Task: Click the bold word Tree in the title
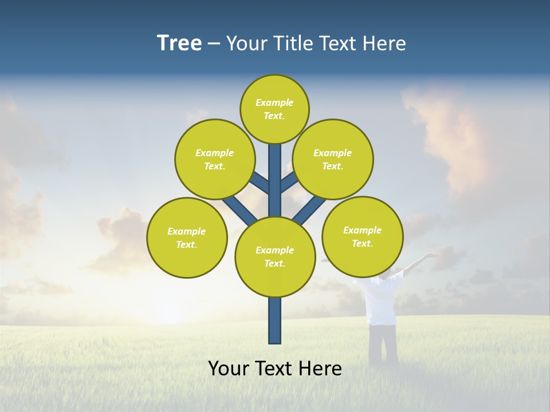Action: pyautogui.click(x=179, y=43)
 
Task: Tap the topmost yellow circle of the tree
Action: pyautogui.click(x=274, y=109)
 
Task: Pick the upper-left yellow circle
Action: pyautogui.click(x=214, y=159)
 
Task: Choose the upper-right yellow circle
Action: pyautogui.click(x=332, y=159)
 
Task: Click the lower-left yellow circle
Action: pyautogui.click(x=187, y=237)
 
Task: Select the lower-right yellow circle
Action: pyautogui.click(x=362, y=236)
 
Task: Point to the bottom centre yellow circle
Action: pyautogui.click(x=275, y=257)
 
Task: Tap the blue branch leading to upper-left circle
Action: pyautogui.click(x=260, y=183)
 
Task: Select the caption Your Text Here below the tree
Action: pyautogui.click(x=275, y=368)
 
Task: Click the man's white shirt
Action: pyautogui.click(x=382, y=300)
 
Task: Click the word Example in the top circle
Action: pyautogui.click(x=274, y=102)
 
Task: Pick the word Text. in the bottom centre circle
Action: pyautogui.click(x=274, y=264)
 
